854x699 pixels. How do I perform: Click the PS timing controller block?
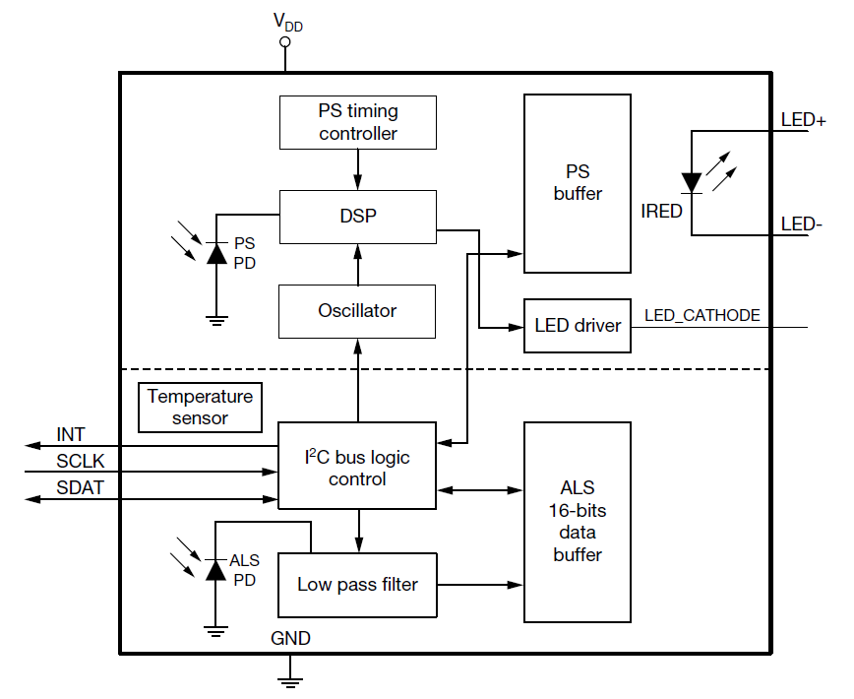(357, 122)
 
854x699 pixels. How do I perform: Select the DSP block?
(357, 217)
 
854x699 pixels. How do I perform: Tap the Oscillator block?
(357, 310)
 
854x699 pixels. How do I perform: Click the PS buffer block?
(578, 183)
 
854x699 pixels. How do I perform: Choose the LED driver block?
(578, 325)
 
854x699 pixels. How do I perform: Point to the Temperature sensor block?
(201, 408)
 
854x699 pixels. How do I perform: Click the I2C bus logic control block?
(357, 467)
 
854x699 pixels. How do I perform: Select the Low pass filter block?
(357, 584)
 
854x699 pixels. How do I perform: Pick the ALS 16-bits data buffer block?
(578, 522)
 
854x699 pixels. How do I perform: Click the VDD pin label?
(287, 23)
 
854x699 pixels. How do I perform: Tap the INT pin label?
(71, 434)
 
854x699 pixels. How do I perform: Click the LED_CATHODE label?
(701, 315)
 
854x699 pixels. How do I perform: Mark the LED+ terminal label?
(803, 120)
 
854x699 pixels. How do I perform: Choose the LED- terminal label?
(801, 224)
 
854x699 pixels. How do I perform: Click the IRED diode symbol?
(692, 182)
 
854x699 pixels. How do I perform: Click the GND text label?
(290, 639)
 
